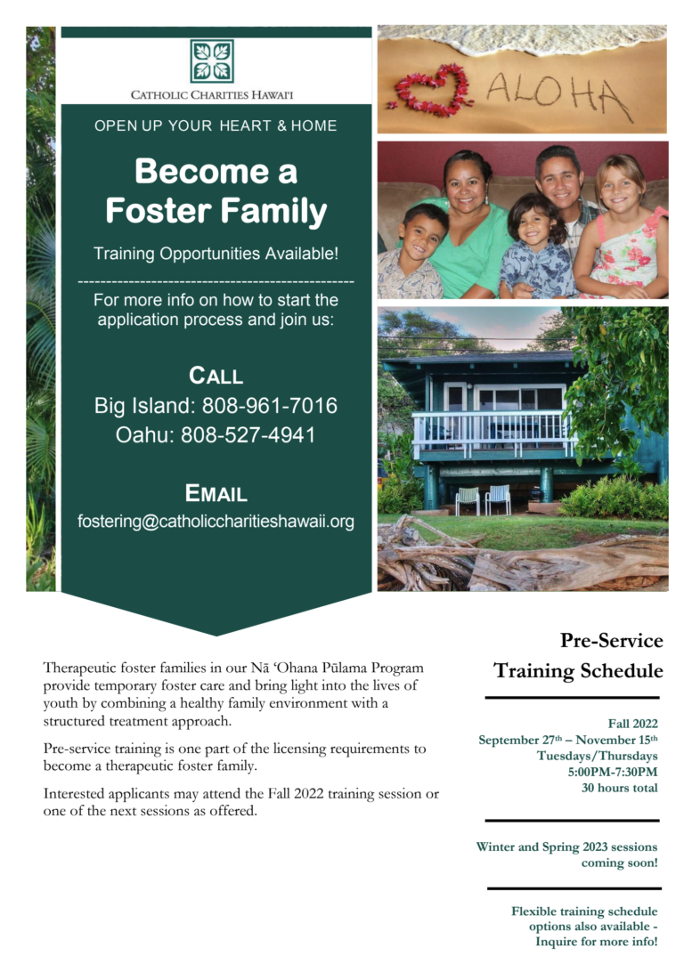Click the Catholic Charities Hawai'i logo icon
tap(212, 61)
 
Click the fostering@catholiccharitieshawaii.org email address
tap(216, 522)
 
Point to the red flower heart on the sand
tap(433, 91)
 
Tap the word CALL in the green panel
tap(216, 376)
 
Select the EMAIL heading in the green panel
tap(216, 493)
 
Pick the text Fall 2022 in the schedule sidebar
tap(633, 724)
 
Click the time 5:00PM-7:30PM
tap(613, 772)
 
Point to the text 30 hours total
tap(619, 788)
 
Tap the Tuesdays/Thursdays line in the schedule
tap(598, 756)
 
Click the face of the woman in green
tap(465, 182)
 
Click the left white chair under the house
tap(468, 500)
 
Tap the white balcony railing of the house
tap(490, 433)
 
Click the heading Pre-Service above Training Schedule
tap(612, 641)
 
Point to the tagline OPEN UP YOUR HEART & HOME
tap(216, 126)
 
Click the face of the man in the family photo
tap(559, 178)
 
